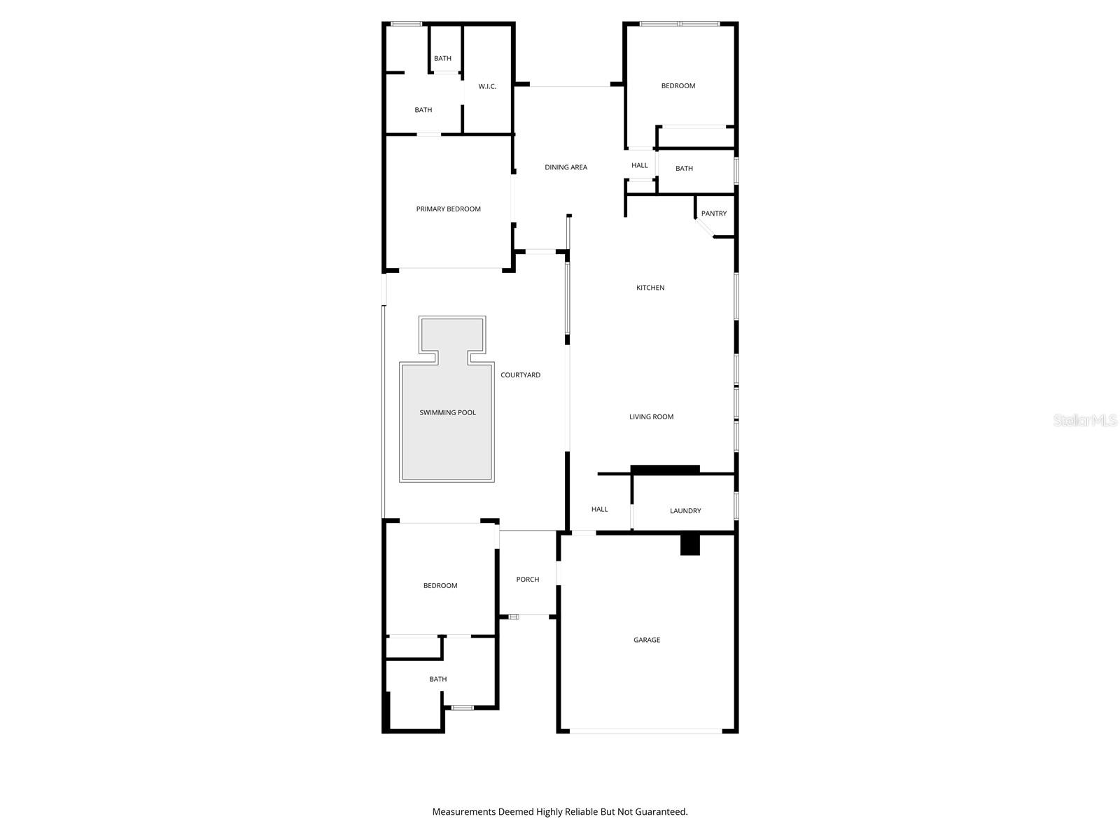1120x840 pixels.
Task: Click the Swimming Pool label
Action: click(447, 413)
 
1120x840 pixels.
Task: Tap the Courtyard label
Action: click(520, 375)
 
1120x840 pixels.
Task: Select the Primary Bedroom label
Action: click(448, 209)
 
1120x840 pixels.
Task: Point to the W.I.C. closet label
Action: click(487, 87)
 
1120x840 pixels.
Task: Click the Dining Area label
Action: click(566, 167)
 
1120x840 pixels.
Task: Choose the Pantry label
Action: click(714, 213)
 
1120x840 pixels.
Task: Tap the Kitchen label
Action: click(650, 288)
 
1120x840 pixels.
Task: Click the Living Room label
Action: click(651, 417)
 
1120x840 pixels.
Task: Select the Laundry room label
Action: click(685, 511)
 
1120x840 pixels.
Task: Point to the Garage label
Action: click(647, 640)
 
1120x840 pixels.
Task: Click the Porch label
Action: click(528, 580)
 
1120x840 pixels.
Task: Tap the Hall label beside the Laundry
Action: click(599, 510)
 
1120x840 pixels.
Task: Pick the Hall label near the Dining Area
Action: click(640, 166)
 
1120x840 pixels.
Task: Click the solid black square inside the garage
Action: click(690, 545)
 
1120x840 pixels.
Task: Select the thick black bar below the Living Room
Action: click(665, 470)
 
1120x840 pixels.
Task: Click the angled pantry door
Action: click(703, 229)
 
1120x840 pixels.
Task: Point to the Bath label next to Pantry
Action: click(684, 169)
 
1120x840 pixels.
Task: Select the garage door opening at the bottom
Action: click(645, 731)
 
